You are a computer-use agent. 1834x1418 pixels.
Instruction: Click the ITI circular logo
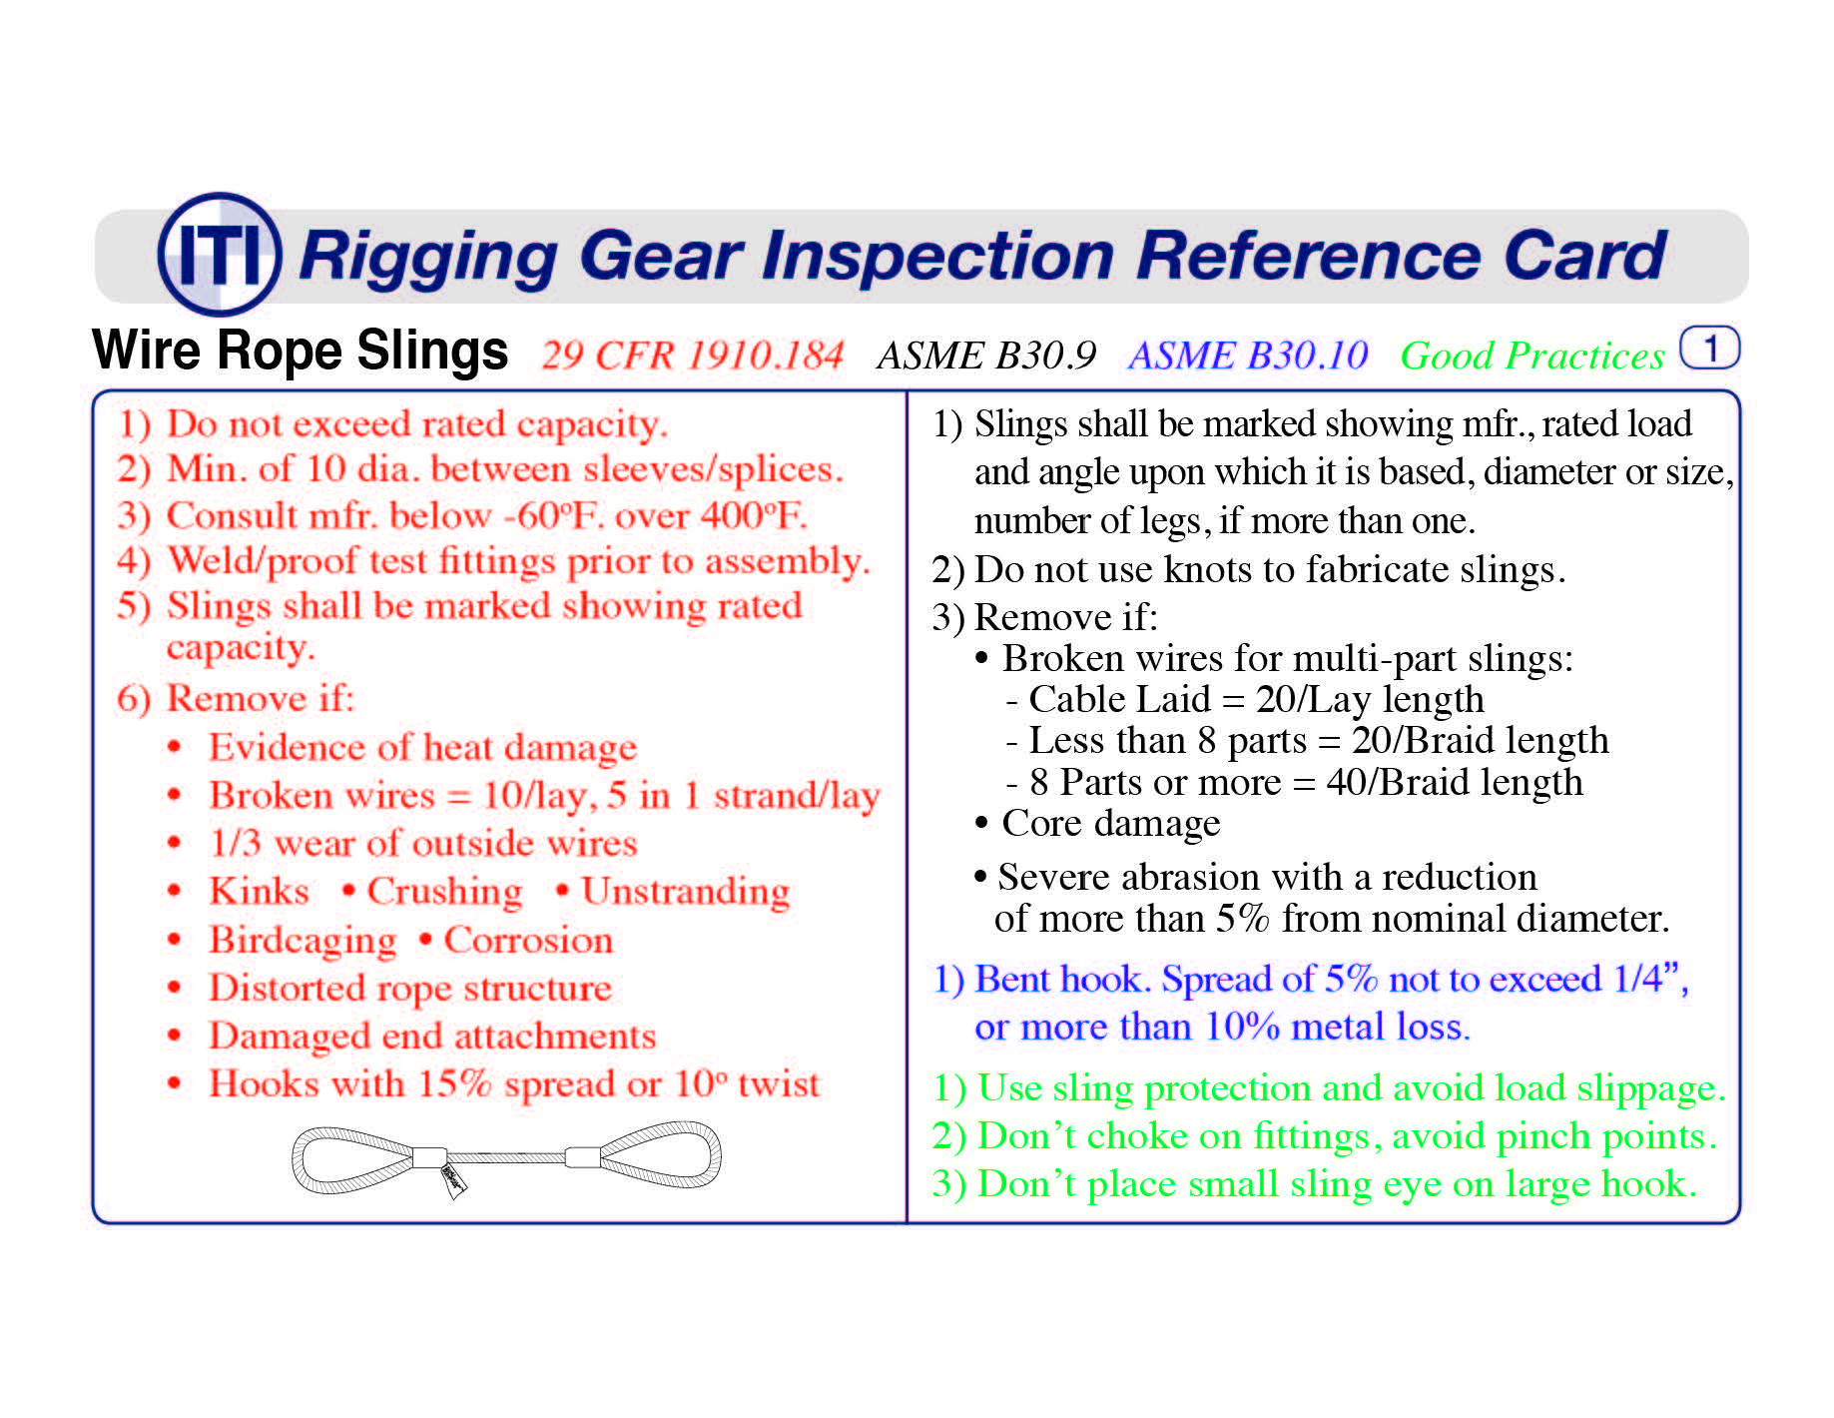click(220, 254)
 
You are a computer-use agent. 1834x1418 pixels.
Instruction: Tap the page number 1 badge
click(1709, 349)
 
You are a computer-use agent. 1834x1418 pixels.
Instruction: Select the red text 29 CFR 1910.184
click(692, 355)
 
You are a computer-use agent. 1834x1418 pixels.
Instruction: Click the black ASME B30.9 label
click(985, 355)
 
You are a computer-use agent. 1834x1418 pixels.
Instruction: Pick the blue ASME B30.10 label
click(1247, 355)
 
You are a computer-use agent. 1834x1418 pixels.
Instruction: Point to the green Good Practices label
click(1531, 355)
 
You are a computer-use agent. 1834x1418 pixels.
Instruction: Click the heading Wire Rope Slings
click(300, 351)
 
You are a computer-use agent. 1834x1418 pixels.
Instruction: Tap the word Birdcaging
click(302, 941)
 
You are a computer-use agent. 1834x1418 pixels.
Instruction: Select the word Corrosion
click(527, 941)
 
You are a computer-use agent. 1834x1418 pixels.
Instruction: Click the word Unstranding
click(685, 892)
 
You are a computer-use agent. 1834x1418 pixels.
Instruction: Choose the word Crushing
click(444, 892)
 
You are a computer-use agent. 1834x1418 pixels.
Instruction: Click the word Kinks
click(259, 891)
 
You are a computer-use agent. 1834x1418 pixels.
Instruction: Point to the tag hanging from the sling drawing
click(453, 1179)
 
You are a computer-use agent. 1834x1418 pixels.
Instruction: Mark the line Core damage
click(1109, 824)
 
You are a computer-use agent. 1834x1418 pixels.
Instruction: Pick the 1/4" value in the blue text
click(1646, 980)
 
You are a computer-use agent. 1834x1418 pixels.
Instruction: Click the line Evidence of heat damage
click(421, 748)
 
